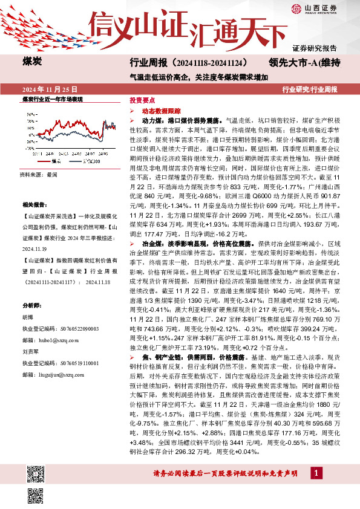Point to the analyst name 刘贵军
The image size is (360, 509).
(32, 353)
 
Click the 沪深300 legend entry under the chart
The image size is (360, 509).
(87, 161)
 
